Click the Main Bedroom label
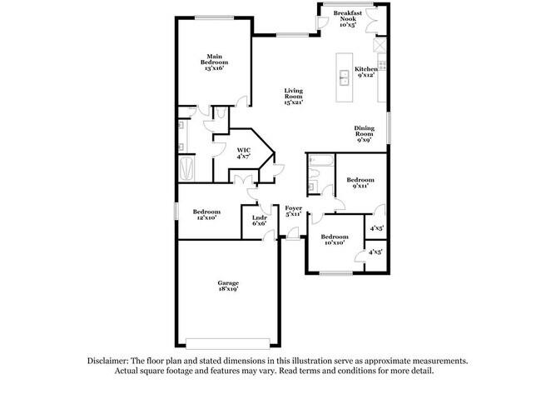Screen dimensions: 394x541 (x=214, y=62)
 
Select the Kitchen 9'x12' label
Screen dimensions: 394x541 (x=365, y=72)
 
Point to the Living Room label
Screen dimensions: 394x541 (x=293, y=98)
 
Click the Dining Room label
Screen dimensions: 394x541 (x=364, y=134)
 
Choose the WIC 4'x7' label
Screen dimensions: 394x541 (x=243, y=153)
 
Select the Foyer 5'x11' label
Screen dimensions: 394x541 (x=294, y=211)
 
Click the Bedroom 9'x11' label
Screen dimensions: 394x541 (x=360, y=183)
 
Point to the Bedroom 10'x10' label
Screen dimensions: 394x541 (x=335, y=239)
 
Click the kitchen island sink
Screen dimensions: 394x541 (x=343, y=80)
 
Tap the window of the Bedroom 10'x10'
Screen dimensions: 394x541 (x=336, y=272)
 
